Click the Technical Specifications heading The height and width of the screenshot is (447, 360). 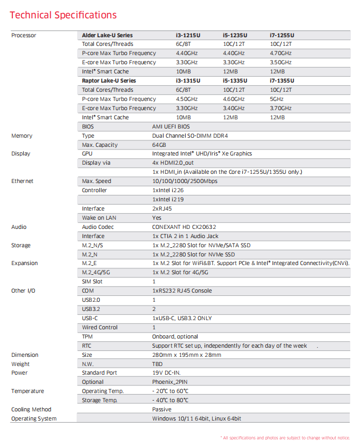click(x=63, y=15)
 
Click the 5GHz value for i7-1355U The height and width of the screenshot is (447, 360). click(x=277, y=99)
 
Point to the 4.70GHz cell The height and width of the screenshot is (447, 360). click(x=281, y=53)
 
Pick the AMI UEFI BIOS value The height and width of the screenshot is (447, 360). click(x=174, y=126)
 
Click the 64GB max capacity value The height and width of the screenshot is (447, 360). click(x=159, y=145)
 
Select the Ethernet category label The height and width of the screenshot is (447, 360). click(x=22, y=181)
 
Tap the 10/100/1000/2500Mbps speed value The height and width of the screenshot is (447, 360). click(x=185, y=181)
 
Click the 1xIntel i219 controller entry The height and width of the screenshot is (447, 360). click(x=168, y=199)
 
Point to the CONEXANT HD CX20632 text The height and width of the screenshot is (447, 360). click(x=184, y=227)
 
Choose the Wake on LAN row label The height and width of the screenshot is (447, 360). click(x=99, y=218)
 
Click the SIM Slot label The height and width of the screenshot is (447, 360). click(x=92, y=281)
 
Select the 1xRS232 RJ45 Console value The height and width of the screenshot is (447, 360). click(x=182, y=290)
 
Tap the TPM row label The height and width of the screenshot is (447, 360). click(x=87, y=336)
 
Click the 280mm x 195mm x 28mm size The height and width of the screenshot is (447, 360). click(x=187, y=355)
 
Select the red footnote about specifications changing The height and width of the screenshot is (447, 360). click(x=285, y=437)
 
